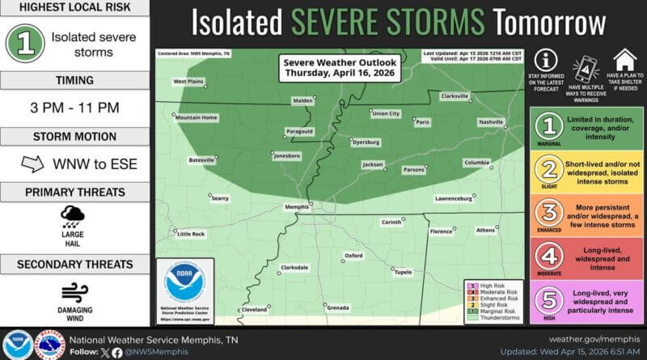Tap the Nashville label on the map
point(490,121)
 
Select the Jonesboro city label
point(286,155)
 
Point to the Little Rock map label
point(191,234)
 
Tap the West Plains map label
point(188,81)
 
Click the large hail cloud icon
point(73,215)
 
